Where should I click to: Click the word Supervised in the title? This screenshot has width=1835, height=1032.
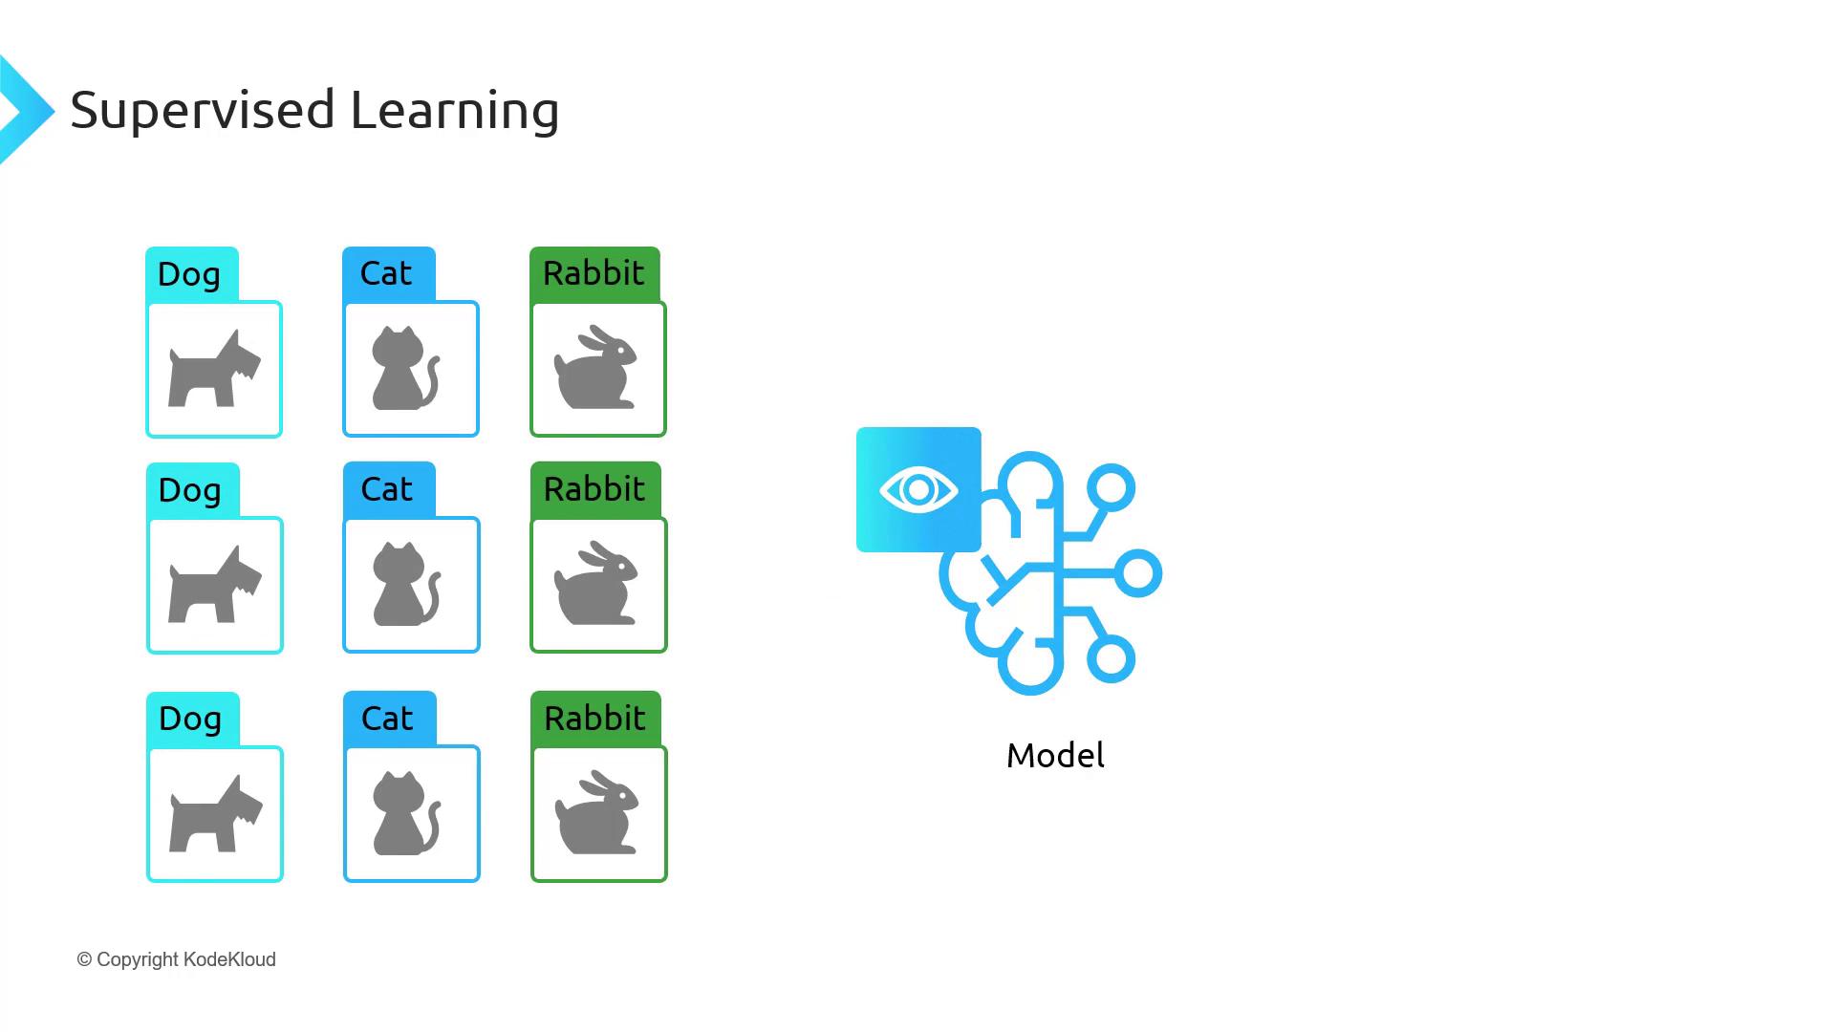click(x=203, y=110)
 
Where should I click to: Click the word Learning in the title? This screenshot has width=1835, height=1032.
click(x=454, y=110)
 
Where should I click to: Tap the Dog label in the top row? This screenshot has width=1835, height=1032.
click(x=189, y=274)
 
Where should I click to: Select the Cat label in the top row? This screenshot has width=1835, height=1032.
click(x=386, y=273)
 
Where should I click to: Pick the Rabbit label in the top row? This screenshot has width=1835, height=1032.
click(x=594, y=273)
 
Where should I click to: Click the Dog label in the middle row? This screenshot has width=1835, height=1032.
click(x=189, y=490)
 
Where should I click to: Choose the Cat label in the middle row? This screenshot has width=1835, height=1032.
click(x=387, y=489)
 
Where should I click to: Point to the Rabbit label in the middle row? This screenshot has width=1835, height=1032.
click(x=594, y=489)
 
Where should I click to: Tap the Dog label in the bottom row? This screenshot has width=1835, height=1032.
click(x=190, y=719)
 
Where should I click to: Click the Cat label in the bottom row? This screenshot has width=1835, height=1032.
click(x=387, y=719)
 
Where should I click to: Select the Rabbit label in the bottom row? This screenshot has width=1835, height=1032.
click(x=595, y=719)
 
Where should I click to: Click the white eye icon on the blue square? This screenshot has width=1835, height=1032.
click(x=918, y=490)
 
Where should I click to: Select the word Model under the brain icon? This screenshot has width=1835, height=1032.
click(x=1055, y=756)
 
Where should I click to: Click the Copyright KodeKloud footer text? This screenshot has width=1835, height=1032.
click(x=177, y=959)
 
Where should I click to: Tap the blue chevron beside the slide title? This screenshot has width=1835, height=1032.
click(x=25, y=110)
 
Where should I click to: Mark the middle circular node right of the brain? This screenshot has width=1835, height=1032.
click(x=1137, y=574)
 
